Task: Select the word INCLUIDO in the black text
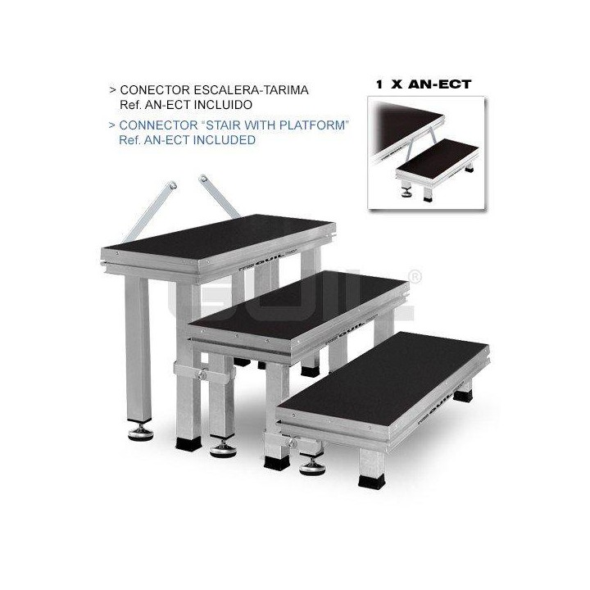point(221,105)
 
